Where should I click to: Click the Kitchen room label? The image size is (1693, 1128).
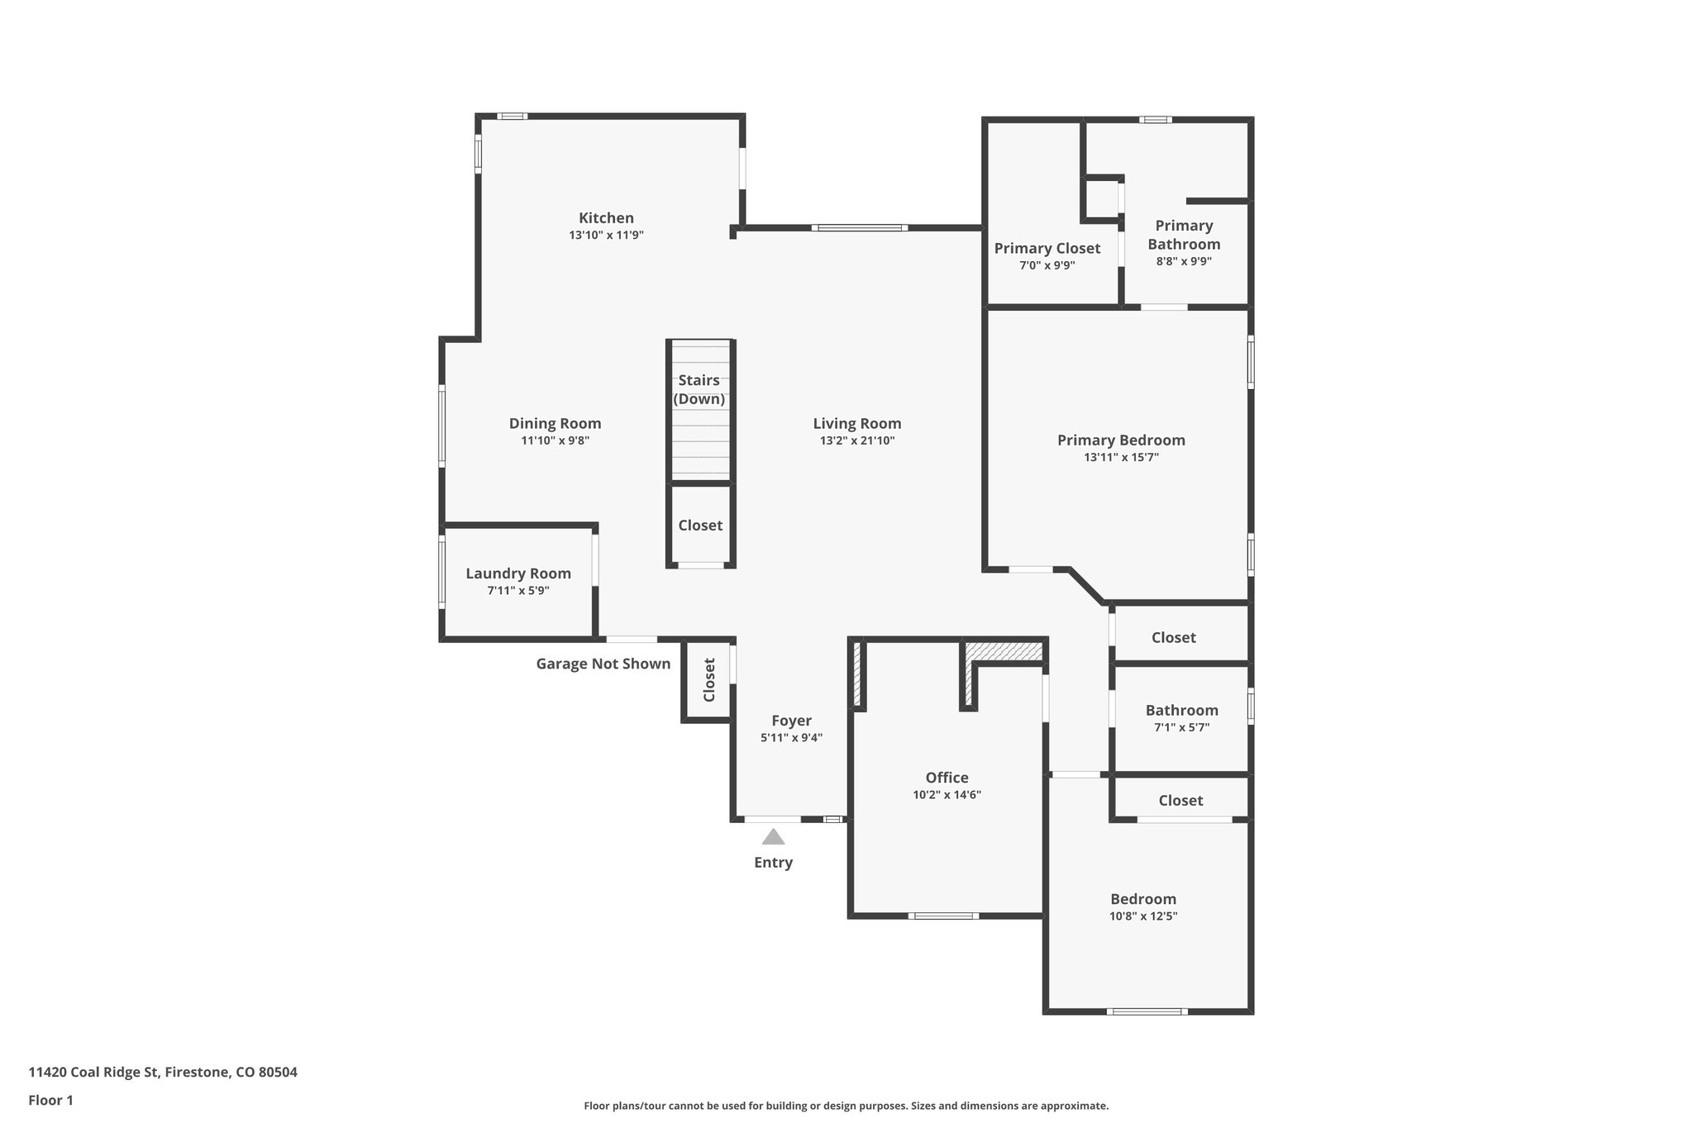(x=606, y=218)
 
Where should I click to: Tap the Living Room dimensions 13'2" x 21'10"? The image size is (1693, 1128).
(x=857, y=441)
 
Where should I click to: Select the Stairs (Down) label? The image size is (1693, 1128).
(x=699, y=390)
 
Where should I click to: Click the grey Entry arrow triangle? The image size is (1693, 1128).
(x=773, y=837)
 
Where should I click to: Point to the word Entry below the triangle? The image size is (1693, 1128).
(x=773, y=863)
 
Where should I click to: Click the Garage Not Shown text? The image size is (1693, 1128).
(x=603, y=664)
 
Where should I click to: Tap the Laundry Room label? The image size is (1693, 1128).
(x=518, y=574)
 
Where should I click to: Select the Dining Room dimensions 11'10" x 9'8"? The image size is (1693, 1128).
(x=555, y=441)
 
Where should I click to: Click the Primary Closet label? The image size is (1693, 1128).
(x=1047, y=249)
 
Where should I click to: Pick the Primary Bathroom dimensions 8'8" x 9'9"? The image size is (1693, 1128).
(x=1184, y=262)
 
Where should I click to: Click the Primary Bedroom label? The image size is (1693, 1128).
(x=1121, y=440)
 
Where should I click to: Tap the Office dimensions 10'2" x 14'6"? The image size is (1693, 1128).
(x=947, y=795)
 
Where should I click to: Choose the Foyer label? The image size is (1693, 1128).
(x=791, y=721)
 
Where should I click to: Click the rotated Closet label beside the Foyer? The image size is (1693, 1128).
(x=709, y=680)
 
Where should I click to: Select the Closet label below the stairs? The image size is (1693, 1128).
(x=700, y=526)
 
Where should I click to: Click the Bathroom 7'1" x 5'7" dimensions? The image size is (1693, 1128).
(x=1181, y=728)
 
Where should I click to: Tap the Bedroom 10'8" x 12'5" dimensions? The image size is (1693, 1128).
(x=1143, y=916)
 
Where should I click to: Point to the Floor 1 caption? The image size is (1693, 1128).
(x=50, y=1101)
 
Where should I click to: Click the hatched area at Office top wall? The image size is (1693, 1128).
(x=1004, y=652)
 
